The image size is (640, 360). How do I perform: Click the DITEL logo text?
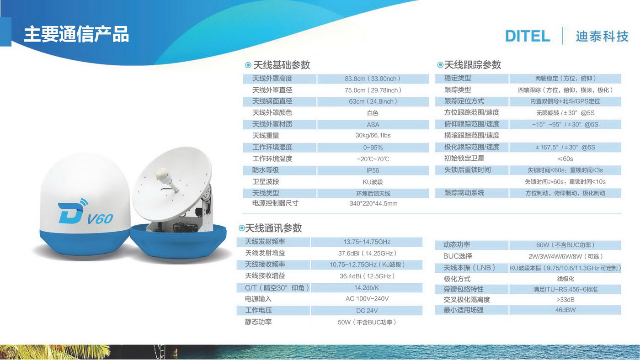pos(528,36)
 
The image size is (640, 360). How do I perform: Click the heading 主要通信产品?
pos(76,35)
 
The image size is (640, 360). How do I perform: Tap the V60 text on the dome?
pos(100,219)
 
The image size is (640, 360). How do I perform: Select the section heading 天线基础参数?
pos(282,65)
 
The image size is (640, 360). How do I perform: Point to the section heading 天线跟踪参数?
pos(473,65)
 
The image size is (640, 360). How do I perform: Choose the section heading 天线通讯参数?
pos(273,228)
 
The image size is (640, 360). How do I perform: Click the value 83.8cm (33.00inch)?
pos(373,79)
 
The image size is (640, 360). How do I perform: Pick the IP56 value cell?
pos(373,170)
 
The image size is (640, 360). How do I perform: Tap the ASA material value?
pos(373,125)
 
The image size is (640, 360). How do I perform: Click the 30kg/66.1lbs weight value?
pos(373,135)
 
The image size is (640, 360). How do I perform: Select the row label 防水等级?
pos(266,170)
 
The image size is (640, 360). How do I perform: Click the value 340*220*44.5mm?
pos(373,204)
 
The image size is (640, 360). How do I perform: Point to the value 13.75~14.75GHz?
pos(367,242)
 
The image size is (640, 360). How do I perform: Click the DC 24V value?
pos(367,311)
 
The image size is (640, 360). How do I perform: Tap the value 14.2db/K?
pos(367,288)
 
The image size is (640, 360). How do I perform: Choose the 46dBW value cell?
pos(565,310)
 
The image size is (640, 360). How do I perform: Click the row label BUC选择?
pos(458,256)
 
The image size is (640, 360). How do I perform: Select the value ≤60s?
pos(565,159)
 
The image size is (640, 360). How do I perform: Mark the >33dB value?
pos(565,300)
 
